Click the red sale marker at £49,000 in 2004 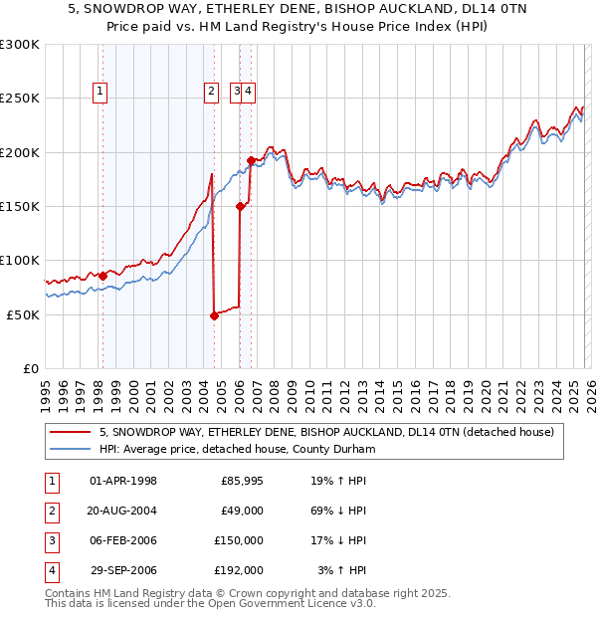click(x=214, y=315)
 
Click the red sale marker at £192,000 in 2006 click(x=251, y=160)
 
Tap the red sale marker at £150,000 click(x=240, y=206)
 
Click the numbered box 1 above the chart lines click(x=101, y=93)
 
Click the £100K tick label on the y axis click(x=19, y=261)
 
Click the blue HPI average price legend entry click(x=237, y=449)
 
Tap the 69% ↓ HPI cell click(x=337, y=511)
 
